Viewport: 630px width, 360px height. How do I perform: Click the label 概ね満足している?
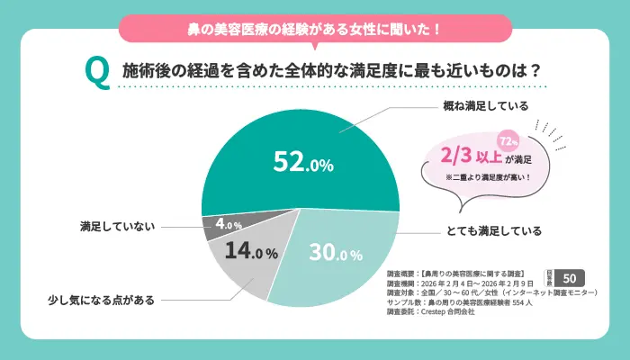487,104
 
